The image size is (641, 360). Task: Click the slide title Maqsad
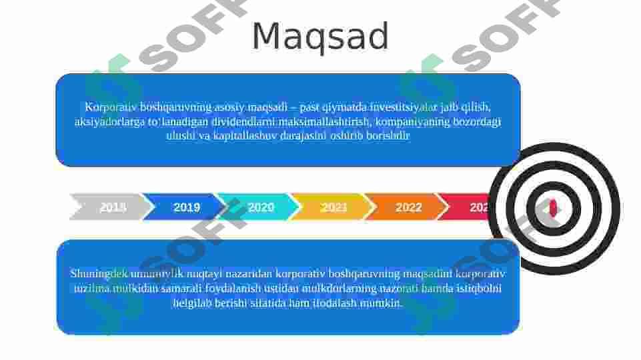(x=320, y=37)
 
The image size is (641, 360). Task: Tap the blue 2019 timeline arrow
(x=186, y=207)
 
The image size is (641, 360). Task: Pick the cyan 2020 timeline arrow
(x=260, y=207)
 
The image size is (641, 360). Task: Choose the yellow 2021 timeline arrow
(x=334, y=207)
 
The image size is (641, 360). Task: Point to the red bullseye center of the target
(x=553, y=208)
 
